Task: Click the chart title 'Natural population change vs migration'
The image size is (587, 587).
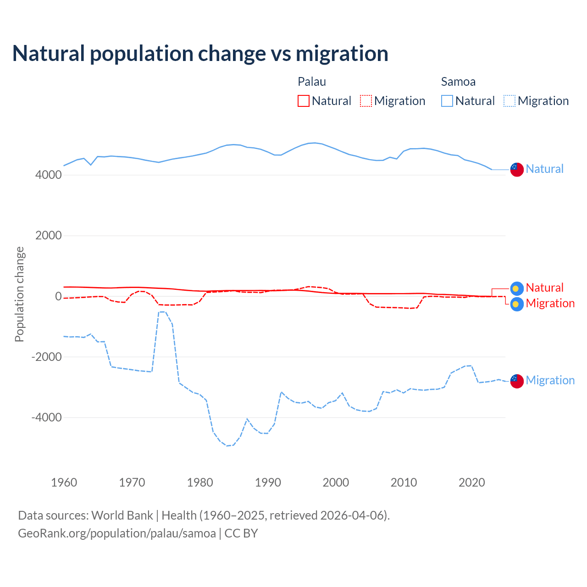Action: click(x=200, y=54)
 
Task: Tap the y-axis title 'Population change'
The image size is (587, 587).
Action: click(x=19, y=294)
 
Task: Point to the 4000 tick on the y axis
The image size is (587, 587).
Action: click(x=48, y=175)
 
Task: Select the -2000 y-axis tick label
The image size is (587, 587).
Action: click(x=46, y=357)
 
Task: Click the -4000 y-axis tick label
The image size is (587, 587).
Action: click(x=46, y=418)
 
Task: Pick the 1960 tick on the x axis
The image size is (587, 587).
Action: click(x=64, y=482)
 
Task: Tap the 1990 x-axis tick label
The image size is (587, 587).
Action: click(x=268, y=482)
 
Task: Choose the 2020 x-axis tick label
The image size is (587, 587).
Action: click(x=471, y=482)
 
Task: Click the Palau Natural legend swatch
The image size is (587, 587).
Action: click(x=304, y=101)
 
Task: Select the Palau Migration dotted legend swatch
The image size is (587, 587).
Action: click(x=366, y=101)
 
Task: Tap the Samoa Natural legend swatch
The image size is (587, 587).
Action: click(x=447, y=101)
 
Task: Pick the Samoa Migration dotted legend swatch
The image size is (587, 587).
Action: click(x=509, y=101)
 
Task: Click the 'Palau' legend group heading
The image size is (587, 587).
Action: click(x=312, y=82)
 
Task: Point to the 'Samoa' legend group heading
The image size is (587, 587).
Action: click(x=458, y=82)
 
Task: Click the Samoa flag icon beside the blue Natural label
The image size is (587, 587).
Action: click(x=517, y=169)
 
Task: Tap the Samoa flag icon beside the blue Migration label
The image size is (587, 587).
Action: click(x=517, y=381)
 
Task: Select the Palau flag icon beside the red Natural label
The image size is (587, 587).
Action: click(x=517, y=288)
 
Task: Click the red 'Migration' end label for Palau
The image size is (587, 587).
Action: click(x=550, y=303)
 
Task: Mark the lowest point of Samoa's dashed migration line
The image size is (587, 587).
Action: click(x=227, y=446)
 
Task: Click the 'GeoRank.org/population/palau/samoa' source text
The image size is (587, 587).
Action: click(x=117, y=533)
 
